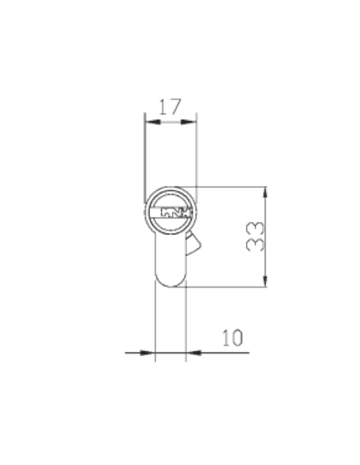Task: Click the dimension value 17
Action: pos(169,106)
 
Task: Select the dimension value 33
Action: pos(253,236)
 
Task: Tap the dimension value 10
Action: pos(231,337)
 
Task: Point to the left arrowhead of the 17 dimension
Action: pos(147,121)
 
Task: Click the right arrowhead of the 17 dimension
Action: pos(191,121)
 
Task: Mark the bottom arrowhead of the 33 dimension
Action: pos(266,282)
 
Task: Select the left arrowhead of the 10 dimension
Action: pos(149,351)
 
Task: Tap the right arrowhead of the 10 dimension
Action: pos(190,351)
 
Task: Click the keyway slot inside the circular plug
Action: pos(170,213)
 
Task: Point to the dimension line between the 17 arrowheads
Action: pos(169,121)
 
